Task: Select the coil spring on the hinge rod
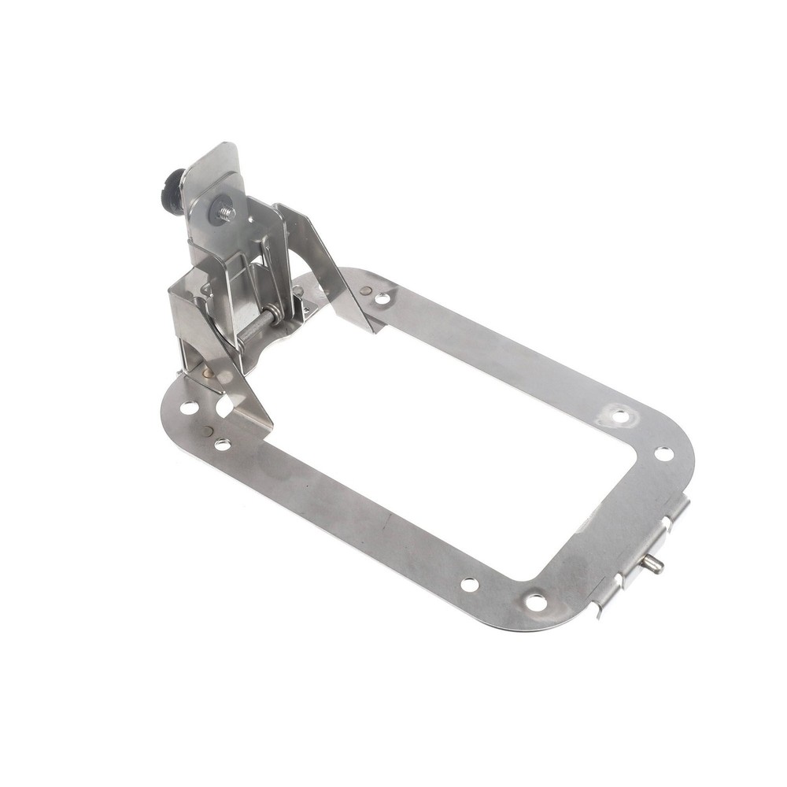point(271,316)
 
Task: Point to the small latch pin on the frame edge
point(653,563)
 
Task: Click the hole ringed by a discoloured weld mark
point(619,416)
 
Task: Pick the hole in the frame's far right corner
point(663,454)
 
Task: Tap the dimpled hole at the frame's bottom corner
point(536,602)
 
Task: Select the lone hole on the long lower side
point(469,585)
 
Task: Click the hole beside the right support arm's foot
point(382,299)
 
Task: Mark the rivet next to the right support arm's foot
point(365,290)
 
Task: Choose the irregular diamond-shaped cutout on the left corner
point(224,406)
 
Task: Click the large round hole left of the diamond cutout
point(189,407)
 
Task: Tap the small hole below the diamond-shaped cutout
point(223,445)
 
